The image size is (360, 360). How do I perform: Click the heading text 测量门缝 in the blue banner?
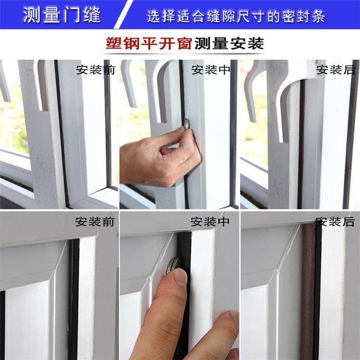pos(62,15)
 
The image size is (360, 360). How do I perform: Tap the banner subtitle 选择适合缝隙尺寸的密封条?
pos(236,16)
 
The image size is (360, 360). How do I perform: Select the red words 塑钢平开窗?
pos(149,43)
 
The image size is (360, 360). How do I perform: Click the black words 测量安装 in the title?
pos(229,43)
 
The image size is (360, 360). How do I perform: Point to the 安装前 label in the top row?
pos(96,70)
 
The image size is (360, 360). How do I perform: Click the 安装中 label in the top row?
pos(211,70)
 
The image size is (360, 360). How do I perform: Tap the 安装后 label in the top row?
pos(336,70)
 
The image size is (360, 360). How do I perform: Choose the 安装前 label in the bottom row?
pos(95,222)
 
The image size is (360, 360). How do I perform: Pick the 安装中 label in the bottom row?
pos(210,222)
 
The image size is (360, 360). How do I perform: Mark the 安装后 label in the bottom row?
pos(335,222)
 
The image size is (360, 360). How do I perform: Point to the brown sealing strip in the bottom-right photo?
pos(307,291)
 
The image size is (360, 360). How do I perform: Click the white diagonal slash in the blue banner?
pos(123,14)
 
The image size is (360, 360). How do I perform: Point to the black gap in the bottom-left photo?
pos(73,299)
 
